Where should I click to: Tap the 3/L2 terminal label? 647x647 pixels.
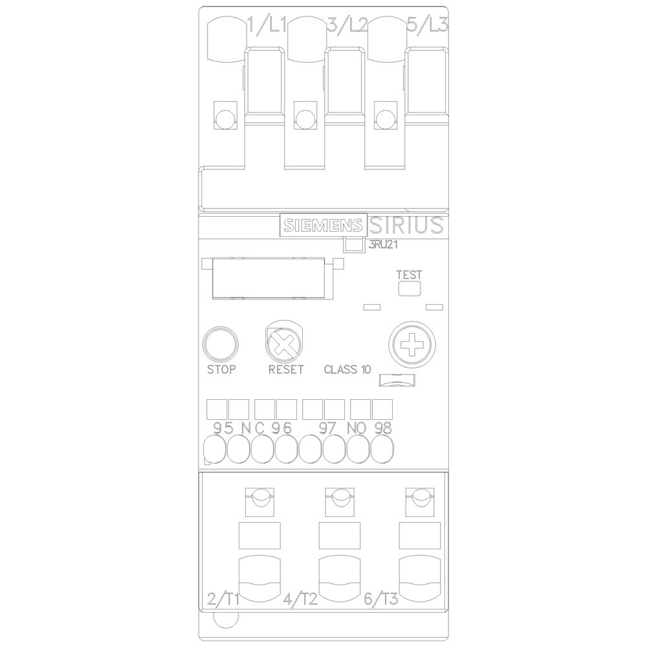(347, 26)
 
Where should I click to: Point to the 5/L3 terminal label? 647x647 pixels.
(428, 26)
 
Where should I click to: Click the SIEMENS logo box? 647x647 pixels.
(323, 225)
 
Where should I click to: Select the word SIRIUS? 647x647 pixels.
(406, 225)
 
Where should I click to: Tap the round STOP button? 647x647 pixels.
(221, 344)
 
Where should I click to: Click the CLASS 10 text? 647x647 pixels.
(347, 369)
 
